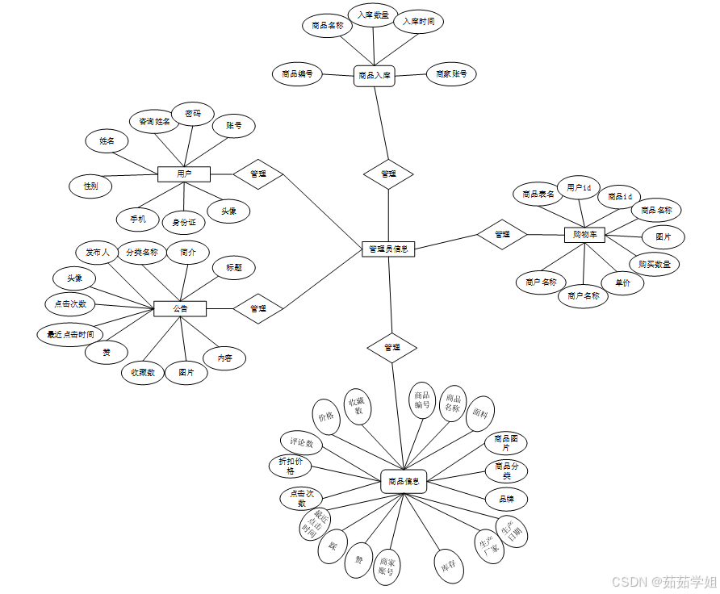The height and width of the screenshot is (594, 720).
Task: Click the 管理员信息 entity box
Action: pyautogui.click(x=388, y=249)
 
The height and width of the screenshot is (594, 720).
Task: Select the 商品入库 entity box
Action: pyautogui.click(x=374, y=76)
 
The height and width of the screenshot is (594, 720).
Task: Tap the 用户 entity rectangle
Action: pyautogui.click(x=184, y=174)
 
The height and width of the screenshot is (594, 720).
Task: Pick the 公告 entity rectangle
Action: pyautogui.click(x=180, y=308)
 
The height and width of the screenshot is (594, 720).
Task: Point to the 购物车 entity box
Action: pyautogui.click(x=584, y=234)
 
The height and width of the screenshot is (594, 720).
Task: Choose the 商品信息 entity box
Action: pyautogui.click(x=404, y=482)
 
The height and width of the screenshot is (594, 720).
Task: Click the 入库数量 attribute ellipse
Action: pyautogui.click(x=373, y=15)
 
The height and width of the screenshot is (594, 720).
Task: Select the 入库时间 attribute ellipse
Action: pyautogui.click(x=418, y=22)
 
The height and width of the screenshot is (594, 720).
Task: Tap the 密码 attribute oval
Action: pyautogui.click(x=193, y=114)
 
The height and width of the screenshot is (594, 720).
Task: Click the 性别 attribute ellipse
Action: pyautogui.click(x=90, y=185)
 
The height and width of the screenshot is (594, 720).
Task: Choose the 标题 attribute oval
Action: pyautogui.click(x=234, y=267)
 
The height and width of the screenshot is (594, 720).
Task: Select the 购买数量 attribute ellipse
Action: pyautogui.click(x=654, y=263)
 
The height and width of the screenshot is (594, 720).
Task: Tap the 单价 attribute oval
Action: pyautogui.click(x=623, y=283)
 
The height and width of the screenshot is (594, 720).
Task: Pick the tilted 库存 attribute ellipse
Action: pyautogui.click(x=449, y=564)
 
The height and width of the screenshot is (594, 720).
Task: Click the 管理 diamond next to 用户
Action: pyautogui.click(x=258, y=173)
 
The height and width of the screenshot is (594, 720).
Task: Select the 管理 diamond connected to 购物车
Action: pyautogui.click(x=502, y=234)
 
